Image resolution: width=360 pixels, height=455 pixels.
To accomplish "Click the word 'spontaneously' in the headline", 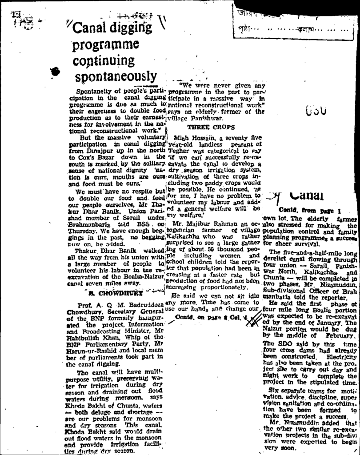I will [116, 76].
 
